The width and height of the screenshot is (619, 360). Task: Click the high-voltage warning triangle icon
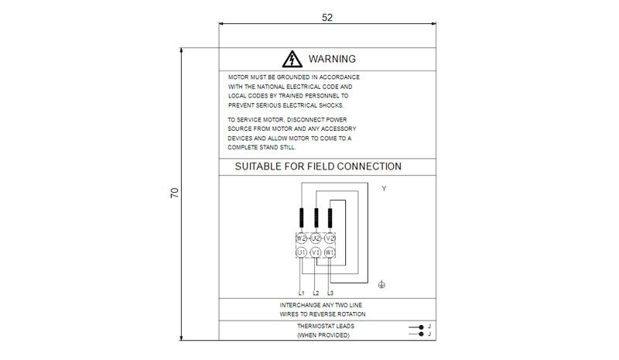[x=291, y=59]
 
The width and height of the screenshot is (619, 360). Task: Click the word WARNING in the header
[x=332, y=59]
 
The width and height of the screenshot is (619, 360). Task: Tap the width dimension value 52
[x=327, y=17]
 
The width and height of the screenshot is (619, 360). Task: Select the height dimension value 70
[x=175, y=194]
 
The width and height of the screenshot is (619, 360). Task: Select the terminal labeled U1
[x=301, y=252]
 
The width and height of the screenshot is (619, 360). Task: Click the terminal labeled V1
[x=316, y=252]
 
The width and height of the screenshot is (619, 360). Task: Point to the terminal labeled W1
[x=330, y=252]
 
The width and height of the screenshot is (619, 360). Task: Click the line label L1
[x=301, y=293]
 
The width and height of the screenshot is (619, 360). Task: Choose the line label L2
[x=316, y=293]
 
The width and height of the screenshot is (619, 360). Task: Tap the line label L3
[x=330, y=293]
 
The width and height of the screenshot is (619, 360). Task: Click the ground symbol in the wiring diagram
[x=382, y=286]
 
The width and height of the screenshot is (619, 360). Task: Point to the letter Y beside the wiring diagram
[x=384, y=189]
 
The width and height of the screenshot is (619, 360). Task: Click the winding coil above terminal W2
[x=301, y=218]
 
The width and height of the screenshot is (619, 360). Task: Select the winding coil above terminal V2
[x=330, y=218]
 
